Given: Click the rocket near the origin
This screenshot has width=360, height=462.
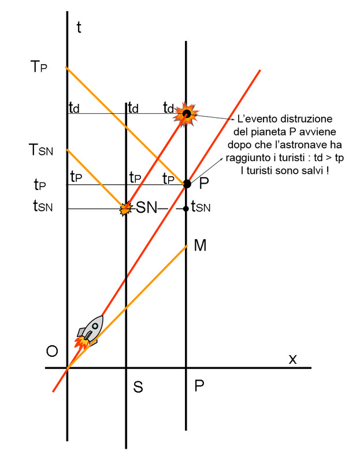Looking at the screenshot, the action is point(90,331).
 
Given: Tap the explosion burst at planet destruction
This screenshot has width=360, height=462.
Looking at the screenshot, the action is point(186,114).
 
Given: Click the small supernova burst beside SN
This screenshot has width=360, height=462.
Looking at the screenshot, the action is point(124,208).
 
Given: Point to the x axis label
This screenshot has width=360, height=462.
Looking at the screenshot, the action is point(292,359).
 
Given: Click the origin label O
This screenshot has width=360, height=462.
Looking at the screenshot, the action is point(52,352).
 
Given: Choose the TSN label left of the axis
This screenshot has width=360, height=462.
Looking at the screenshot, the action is point(41,151).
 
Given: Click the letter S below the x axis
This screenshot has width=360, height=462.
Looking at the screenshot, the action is point(138,388).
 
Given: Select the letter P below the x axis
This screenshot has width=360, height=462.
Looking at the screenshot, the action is point(199,386).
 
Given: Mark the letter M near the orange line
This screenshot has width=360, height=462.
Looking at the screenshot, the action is point(201,246).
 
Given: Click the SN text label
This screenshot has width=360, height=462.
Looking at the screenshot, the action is point(146,208).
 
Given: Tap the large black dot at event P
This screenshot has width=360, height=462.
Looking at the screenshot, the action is point(187,184).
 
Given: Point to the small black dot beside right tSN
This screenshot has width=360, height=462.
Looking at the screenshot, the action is point(186,208).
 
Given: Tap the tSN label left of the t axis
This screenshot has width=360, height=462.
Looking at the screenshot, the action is point(42,207).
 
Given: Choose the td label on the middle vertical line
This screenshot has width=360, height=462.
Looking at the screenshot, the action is point(132,107).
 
